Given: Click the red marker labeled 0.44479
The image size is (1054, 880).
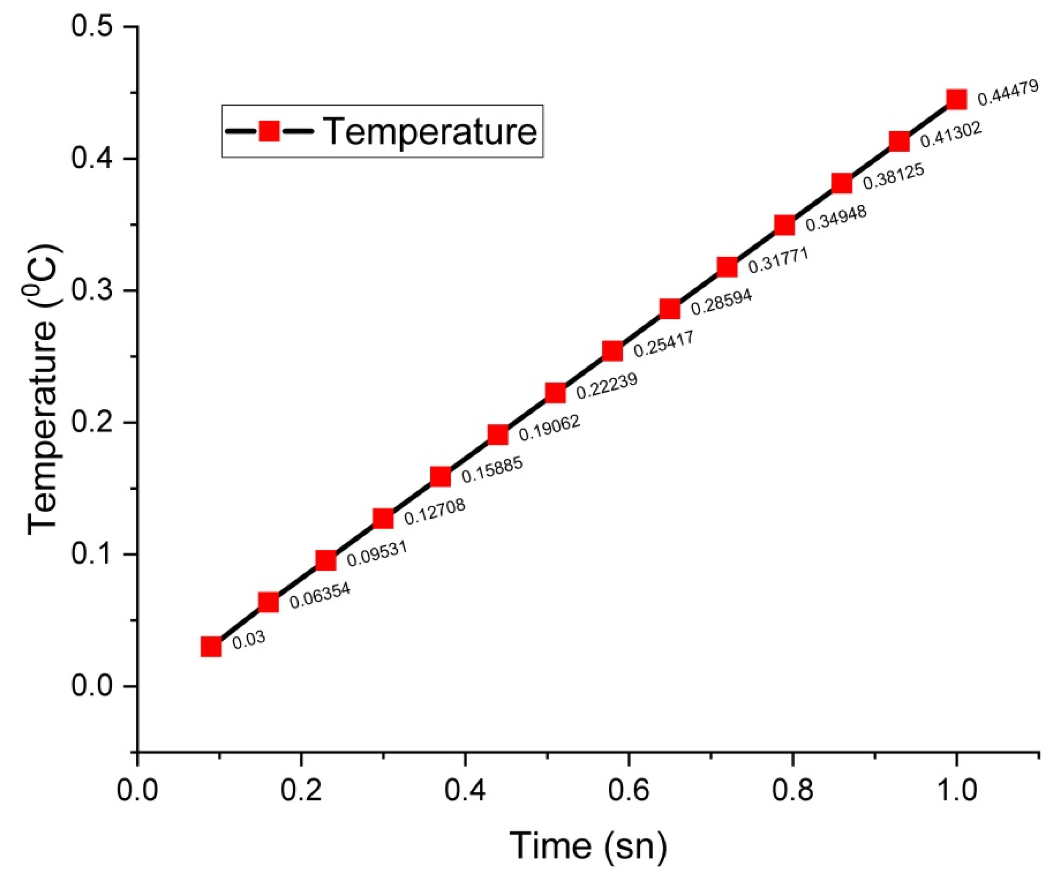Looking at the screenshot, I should coord(956,99).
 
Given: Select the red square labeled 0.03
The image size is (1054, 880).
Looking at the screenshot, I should coord(211,647).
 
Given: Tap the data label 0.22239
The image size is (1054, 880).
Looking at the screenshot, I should coord(606,386).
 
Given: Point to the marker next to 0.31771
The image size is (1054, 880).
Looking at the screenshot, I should coord(727,267).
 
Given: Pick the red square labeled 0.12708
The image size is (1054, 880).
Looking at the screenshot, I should coord(383,519).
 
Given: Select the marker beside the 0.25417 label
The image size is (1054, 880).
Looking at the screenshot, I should coord(612,351).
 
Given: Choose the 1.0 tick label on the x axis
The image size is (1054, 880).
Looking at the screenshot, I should coord(956,790).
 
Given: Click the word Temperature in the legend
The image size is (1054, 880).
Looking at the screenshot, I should coord(431,132).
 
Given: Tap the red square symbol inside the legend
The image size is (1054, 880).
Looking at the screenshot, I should coord(269,132).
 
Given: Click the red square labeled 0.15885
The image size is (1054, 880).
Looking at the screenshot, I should coord(440,477).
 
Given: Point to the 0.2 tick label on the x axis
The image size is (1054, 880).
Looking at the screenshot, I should coord(301,790).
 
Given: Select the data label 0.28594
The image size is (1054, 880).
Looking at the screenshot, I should coord(721,302).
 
